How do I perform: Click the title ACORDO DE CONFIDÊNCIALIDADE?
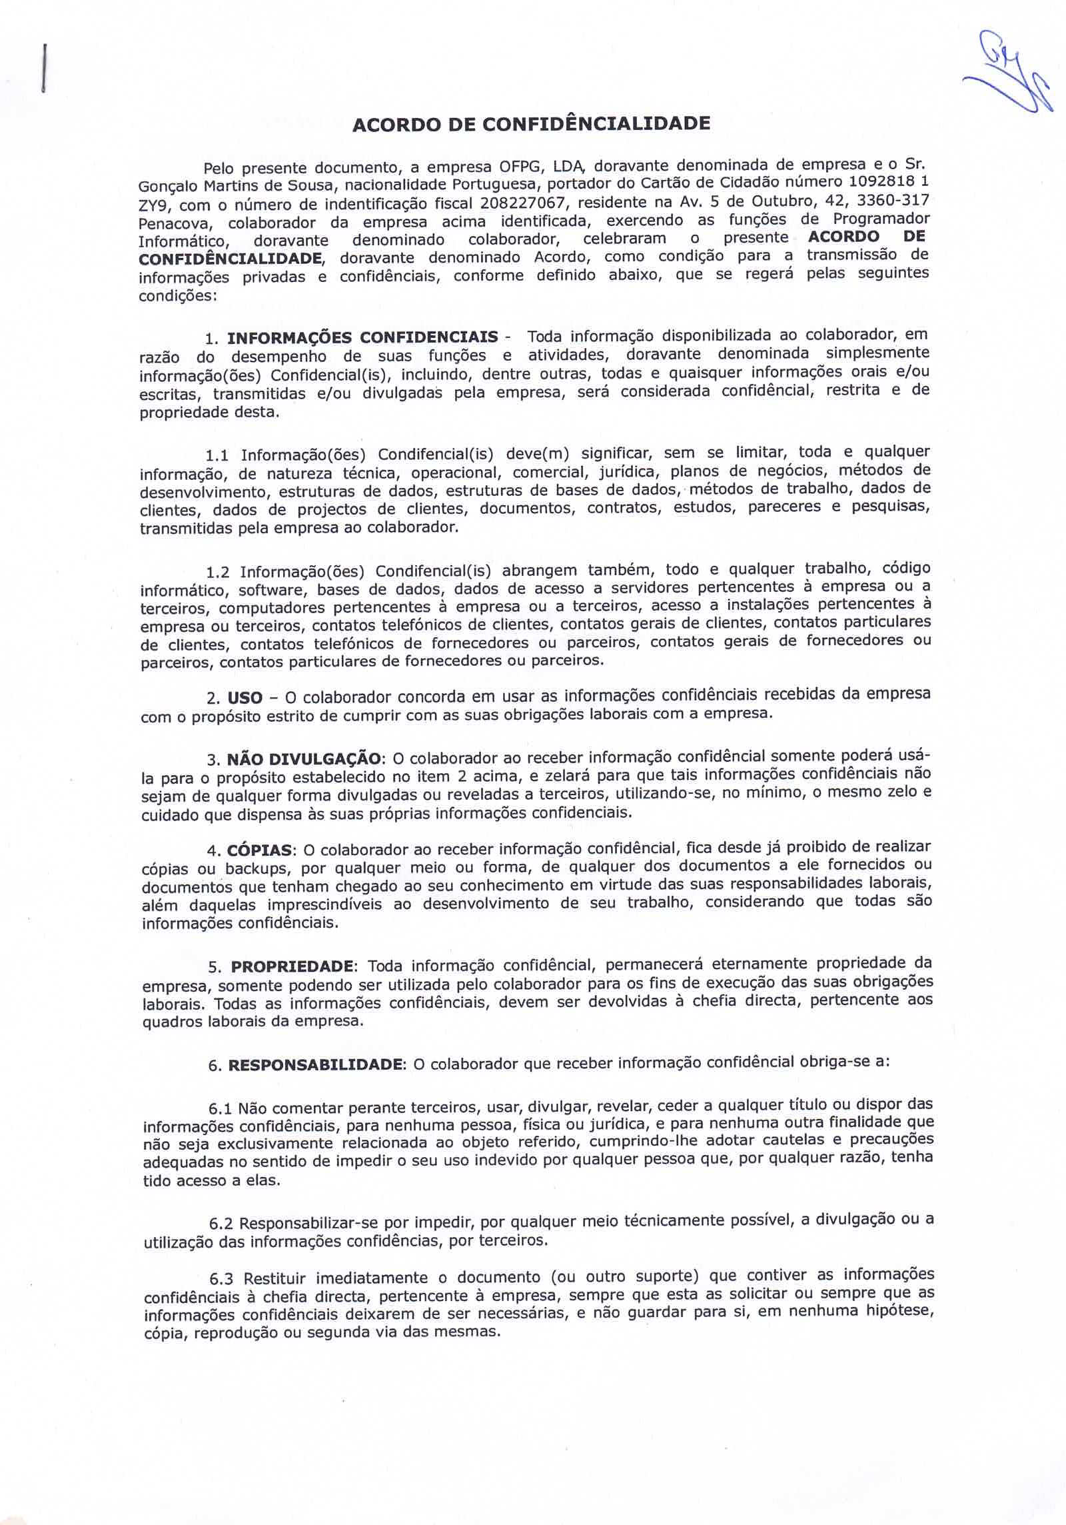tap(530, 124)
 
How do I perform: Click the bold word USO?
tap(245, 699)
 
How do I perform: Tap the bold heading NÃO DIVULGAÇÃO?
tap(305, 759)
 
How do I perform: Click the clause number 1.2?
tap(217, 573)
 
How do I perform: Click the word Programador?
tap(881, 219)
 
